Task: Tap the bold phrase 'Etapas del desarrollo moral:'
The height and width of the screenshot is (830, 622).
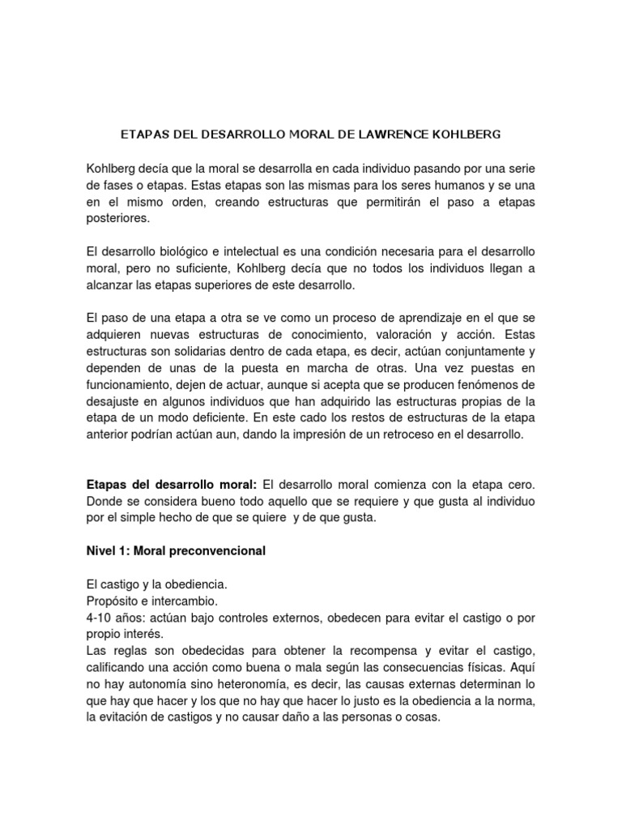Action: (171, 484)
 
